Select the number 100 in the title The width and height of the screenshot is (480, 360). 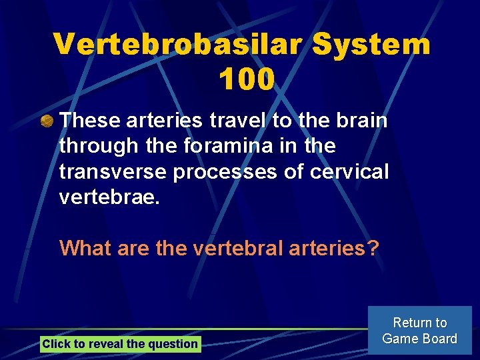[245, 79]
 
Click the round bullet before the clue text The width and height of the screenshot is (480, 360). [47, 121]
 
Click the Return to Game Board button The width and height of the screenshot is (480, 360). [419, 331]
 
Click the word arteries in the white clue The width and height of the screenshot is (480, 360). [163, 121]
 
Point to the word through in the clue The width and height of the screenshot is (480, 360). [97, 146]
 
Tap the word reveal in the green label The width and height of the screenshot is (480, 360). [105, 344]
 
